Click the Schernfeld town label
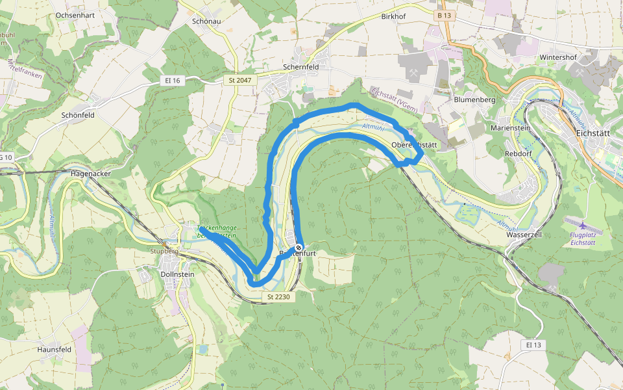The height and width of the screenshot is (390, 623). click(x=301, y=67)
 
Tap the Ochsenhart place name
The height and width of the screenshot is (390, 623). click(x=76, y=14)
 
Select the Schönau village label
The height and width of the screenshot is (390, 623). click(x=208, y=21)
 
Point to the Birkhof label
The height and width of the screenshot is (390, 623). click(x=397, y=15)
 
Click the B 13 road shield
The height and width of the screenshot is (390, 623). click(x=444, y=14)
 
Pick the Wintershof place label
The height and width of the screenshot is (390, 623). click(x=558, y=57)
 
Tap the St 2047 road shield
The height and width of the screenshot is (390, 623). click(x=240, y=80)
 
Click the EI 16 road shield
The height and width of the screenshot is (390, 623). click(x=172, y=80)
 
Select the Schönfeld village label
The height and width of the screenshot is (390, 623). click(x=78, y=115)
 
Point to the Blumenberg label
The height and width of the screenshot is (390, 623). click(x=474, y=99)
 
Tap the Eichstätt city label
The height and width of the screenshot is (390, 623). click(x=593, y=133)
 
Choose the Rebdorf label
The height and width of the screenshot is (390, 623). click(x=518, y=153)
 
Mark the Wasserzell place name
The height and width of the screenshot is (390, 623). click(x=523, y=234)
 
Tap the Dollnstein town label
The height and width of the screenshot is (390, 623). click(x=177, y=274)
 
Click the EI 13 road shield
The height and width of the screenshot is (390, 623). click(x=533, y=344)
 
